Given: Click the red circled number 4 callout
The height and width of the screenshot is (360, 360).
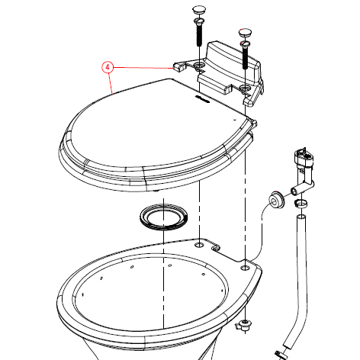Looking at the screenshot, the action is coord(108,67).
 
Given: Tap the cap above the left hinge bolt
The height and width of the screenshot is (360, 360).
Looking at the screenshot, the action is coord(199,10).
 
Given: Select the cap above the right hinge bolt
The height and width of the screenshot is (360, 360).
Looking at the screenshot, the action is coord(245,32).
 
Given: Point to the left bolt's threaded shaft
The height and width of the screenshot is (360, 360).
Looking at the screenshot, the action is coord(199,36).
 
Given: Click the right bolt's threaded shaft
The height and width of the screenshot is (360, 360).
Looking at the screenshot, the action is coord(245,58).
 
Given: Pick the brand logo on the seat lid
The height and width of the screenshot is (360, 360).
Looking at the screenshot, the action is coord(202,99).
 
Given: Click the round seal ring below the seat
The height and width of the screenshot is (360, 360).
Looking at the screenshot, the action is coord(164,217).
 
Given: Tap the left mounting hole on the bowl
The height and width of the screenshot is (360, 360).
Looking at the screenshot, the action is coord(199,245).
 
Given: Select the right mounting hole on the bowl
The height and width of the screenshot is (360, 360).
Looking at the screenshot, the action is coord(245,268).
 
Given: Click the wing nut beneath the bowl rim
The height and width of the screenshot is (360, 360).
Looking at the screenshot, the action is coord(243,326).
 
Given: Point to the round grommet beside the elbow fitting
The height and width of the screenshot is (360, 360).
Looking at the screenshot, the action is coord(275,200).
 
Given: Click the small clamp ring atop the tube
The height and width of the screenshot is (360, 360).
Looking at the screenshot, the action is coord(301,204).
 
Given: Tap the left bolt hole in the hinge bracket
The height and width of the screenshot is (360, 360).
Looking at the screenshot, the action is coord(199,67).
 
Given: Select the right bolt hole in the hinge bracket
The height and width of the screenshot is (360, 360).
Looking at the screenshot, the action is coord(245,89).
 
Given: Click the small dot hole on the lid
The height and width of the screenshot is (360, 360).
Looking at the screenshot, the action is coord(235,119).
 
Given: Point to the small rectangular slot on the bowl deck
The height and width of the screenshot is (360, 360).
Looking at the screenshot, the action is coord(216,248).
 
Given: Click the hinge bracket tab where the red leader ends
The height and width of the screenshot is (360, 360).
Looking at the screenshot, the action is coord(179,66).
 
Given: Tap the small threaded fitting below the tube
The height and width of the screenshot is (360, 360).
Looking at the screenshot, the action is coord(280,355).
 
